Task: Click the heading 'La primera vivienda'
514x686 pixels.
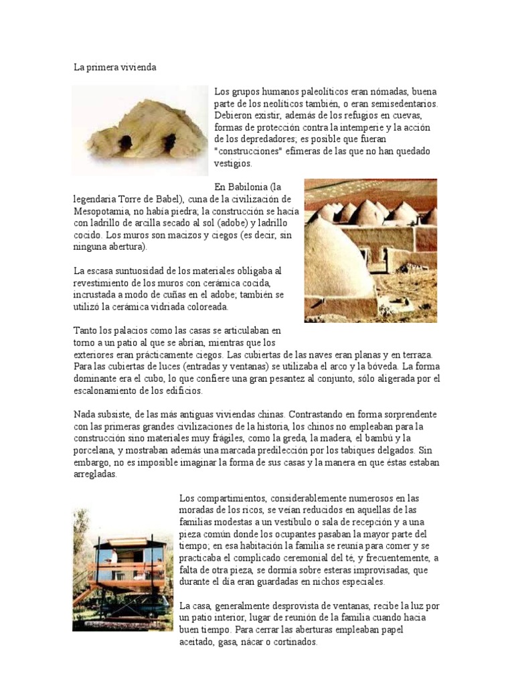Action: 114,68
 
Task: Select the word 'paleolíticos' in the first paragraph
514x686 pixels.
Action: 317,91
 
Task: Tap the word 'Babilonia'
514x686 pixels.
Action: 251,187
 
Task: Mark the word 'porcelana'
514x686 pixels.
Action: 95,451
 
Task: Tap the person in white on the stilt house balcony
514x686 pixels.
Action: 113,557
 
